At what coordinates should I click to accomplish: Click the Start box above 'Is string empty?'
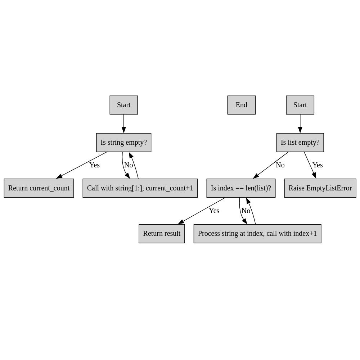click(124, 105)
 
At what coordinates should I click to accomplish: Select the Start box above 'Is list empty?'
click(300, 105)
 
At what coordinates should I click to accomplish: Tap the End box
click(242, 105)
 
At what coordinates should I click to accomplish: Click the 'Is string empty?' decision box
click(124, 142)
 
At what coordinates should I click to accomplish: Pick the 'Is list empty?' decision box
click(300, 142)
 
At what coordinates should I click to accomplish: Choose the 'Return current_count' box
click(39, 188)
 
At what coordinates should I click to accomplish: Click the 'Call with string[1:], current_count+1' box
click(140, 188)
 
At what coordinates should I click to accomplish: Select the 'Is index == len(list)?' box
click(241, 188)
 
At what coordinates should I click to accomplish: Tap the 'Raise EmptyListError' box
click(320, 188)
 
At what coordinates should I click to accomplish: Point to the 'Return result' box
click(162, 234)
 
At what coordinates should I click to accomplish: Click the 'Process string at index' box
click(257, 234)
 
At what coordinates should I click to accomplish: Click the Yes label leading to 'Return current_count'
click(95, 165)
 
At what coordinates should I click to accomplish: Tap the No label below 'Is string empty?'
click(129, 165)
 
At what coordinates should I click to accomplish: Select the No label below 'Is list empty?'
click(280, 165)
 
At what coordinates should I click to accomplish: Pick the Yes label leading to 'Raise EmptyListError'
click(318, 165)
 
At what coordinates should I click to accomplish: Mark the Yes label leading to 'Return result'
click(214, 211)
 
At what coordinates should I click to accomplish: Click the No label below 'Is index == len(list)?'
click(246, 211)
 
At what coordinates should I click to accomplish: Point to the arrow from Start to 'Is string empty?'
click(124, 124)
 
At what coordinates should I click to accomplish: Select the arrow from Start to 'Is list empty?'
click(300, 124)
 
